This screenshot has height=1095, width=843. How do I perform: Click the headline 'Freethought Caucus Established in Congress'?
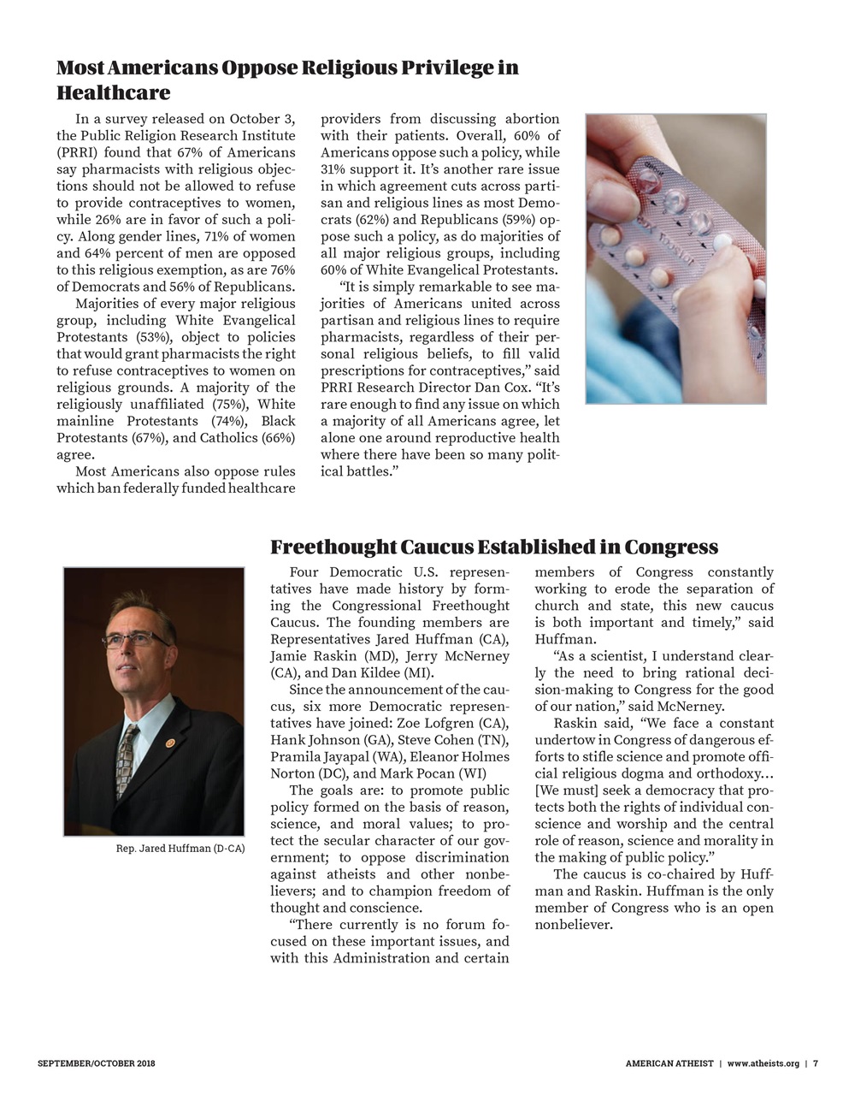coord(493,547)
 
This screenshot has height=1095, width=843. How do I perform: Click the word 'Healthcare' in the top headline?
coord(113,92)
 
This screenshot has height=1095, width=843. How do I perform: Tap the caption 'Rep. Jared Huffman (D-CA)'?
coord(180,849)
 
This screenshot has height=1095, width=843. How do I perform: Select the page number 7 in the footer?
coord(816,1063)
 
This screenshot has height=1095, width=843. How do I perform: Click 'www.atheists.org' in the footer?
coord(763,1063)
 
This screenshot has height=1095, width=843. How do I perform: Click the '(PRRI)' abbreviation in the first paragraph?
coord(80,153)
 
